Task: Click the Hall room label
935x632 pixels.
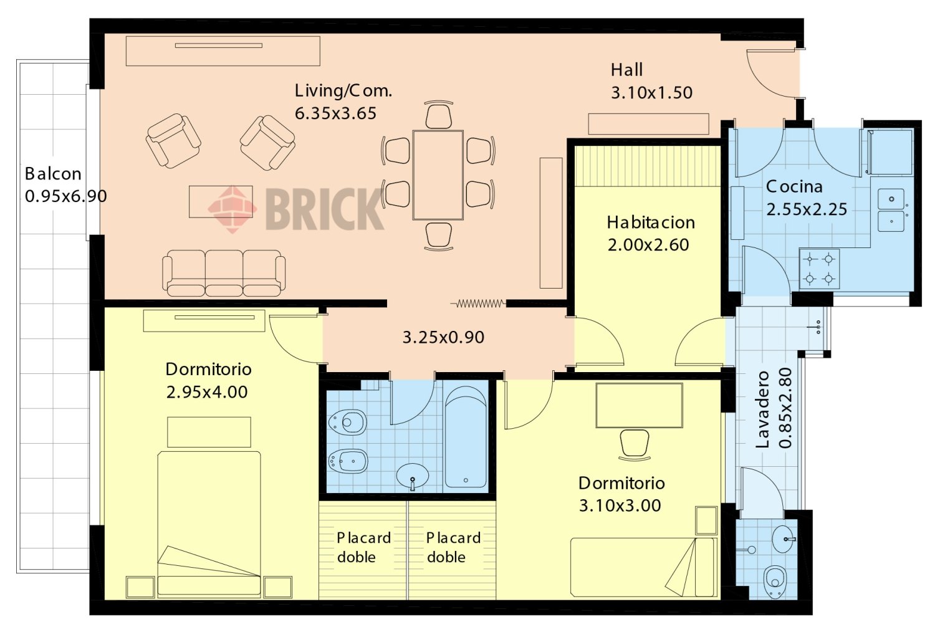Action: click(626, 70)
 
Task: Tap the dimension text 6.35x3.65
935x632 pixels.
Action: click(335, 113)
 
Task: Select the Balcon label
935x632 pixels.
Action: click(53, 174)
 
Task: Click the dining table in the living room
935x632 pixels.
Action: click(438, 175)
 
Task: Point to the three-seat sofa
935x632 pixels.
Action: click(224, 273)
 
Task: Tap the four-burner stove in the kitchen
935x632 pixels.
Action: click(819, 269)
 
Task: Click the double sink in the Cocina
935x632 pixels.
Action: click(891, 210)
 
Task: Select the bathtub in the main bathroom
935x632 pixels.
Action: click(466, 437)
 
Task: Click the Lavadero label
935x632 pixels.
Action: click(762, 409)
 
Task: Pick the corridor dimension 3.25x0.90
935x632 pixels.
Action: click(443, 337)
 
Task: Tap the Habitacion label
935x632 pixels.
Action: click(651, 223)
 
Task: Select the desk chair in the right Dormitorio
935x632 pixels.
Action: click(634, 445)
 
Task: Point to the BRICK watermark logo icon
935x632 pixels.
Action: click(232, 209)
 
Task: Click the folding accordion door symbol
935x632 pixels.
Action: click(478, 304)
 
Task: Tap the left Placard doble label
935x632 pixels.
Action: click(363, 547)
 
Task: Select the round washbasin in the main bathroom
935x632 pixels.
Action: click(413, 476)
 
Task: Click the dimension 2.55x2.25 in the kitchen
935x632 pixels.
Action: click(807, 209)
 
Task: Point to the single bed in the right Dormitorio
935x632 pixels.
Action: click(644, 567)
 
